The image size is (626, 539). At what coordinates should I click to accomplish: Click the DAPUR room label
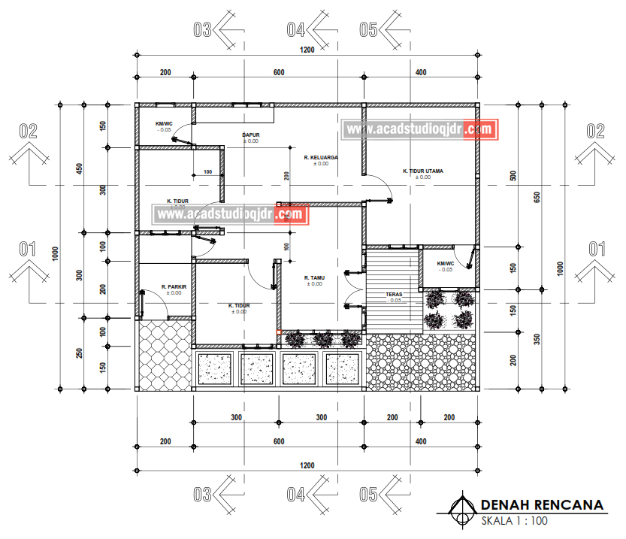[250, 135]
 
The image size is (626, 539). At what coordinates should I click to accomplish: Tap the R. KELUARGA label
[321, 158]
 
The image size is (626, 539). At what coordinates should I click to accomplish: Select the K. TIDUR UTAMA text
[422, 171]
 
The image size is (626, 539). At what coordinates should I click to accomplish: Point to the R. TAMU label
[313, 278]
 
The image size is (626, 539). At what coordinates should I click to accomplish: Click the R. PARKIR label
[174, 286]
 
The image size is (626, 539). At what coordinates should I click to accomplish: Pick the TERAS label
[394, 295]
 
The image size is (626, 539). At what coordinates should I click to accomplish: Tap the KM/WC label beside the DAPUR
[164, 123]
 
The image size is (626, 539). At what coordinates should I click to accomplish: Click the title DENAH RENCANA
[541, 504]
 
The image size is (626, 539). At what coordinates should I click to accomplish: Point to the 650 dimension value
[537, 197]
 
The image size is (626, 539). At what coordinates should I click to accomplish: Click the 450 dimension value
[80, 168]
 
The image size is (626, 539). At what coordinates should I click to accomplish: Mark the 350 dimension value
[537, 338]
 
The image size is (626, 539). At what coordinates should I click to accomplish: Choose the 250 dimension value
[80, 353]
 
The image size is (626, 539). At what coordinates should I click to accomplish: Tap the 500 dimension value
[514, 176]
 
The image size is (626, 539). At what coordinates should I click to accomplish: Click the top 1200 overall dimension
[307, 50]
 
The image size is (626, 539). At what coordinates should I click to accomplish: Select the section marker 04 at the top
[296, 30]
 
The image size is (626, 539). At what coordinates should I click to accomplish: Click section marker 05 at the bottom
[367, 495]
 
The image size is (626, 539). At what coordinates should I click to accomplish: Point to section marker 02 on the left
[29, 131]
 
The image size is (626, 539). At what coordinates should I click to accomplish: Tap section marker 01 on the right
[596, 247]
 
